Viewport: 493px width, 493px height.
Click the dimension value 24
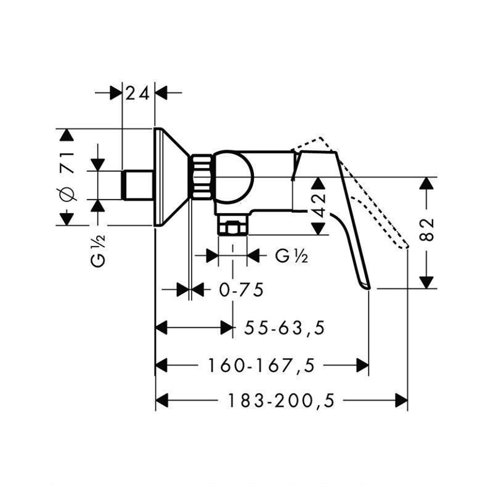tap(137, 94)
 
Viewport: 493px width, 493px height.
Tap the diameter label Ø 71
tap(68, 176)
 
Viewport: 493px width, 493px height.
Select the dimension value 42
tap(319, 205)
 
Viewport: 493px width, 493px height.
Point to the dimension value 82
tap(426, 229)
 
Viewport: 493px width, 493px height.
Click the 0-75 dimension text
tap(242, 290)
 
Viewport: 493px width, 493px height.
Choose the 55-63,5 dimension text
tap(285, 328)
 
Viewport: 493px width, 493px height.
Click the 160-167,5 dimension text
tap(261, 365)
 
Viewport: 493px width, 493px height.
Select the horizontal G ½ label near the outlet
tap(291, 256)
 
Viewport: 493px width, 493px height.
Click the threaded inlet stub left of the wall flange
tap(137, 185)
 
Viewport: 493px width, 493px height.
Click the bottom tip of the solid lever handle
tap(367, 288)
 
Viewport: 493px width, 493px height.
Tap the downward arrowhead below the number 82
tap(426, 282)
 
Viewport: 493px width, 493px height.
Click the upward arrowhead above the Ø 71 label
tap(67, 134)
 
